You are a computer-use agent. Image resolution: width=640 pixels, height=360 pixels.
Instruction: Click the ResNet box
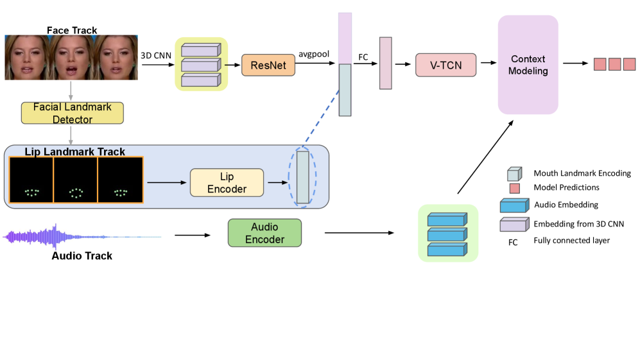tap(264, 65)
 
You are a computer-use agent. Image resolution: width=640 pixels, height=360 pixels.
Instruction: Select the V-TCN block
tap(446, 64)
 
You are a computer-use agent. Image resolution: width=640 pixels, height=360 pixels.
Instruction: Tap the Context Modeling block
tap(528, 65)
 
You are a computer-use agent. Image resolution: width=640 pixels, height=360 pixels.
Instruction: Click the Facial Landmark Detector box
tap(72, 113)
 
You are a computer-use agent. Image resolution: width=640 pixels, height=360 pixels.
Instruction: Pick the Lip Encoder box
tap(227, 182)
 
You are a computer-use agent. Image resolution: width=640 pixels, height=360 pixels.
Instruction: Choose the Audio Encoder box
tap(264, 233)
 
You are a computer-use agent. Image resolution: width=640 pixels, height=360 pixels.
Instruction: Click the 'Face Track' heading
tap(71, 30)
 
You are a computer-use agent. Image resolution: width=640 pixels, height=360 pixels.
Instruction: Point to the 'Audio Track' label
tap(82, 256)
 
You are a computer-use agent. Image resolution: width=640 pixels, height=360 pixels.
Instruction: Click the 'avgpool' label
tap(314, 54)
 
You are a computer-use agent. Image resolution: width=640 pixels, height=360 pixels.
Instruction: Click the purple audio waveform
tap(58, 237)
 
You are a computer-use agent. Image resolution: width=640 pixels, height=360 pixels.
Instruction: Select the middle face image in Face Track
tap(71, 58)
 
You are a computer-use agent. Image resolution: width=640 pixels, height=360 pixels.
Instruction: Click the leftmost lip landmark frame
tap(31, 180)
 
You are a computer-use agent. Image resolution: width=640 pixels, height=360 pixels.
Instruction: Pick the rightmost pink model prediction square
tap(629, 64)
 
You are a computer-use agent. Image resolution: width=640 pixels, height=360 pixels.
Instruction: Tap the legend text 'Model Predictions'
tap(567, 188)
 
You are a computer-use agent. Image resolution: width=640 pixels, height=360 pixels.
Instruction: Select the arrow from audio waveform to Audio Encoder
tap(192, 235)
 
